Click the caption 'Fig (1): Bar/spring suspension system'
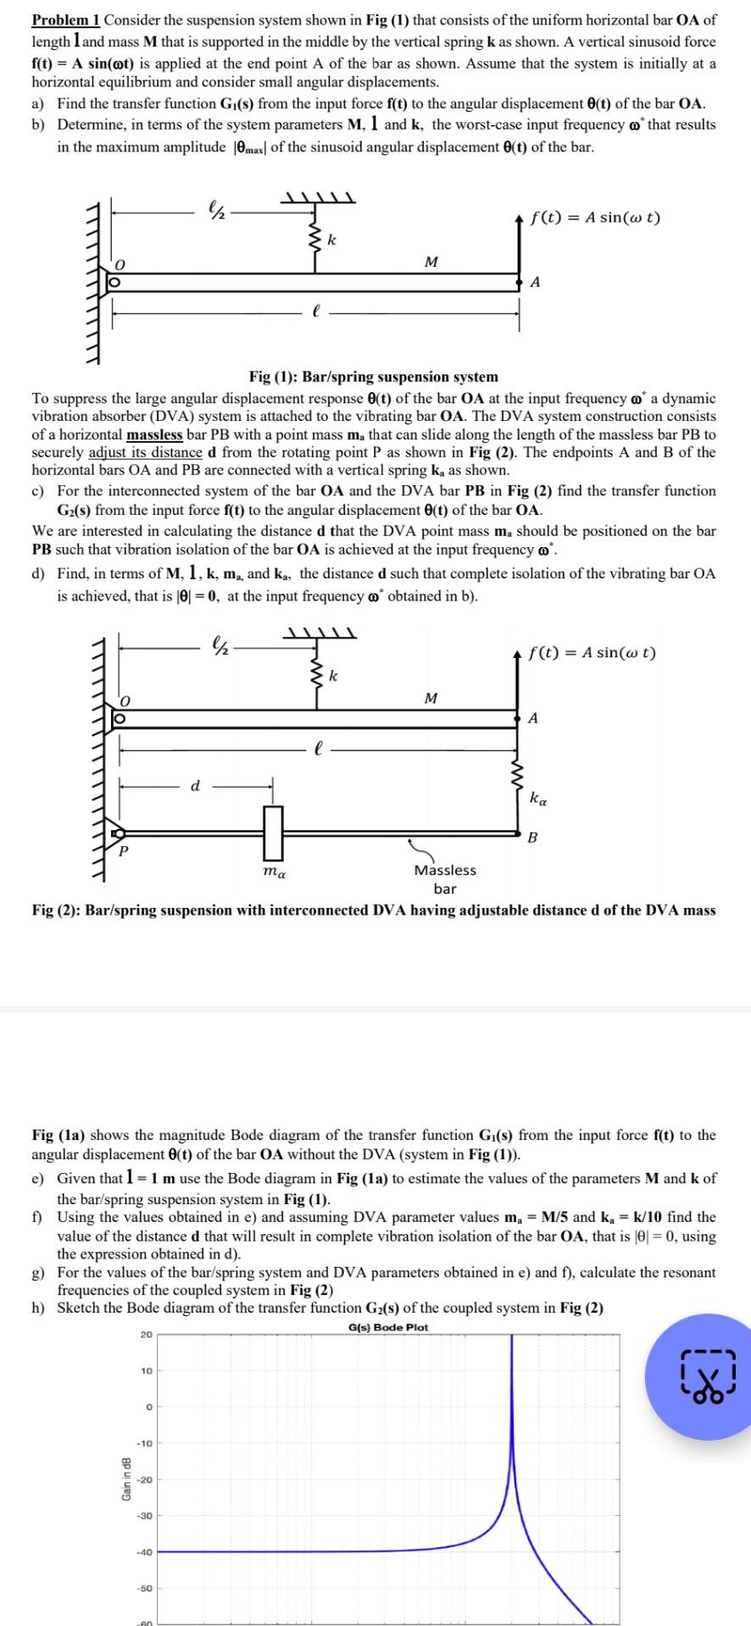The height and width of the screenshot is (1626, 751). point(373,377)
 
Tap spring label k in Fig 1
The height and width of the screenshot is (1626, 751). point(331,241)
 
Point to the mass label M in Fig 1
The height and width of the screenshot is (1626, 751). point(431,262)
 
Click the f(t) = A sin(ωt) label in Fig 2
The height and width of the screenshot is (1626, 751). point(592,653)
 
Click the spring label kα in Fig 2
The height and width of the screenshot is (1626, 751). point(537,798)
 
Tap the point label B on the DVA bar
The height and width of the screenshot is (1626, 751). point(532,838)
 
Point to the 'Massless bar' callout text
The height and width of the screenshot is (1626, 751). point(444,879)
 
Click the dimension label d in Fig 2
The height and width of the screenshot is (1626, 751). point(195,786)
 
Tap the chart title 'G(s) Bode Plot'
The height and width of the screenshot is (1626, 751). point(387,1327)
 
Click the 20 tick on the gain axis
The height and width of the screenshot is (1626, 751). point(146,1336)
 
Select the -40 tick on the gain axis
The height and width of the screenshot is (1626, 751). point(144,1552)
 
